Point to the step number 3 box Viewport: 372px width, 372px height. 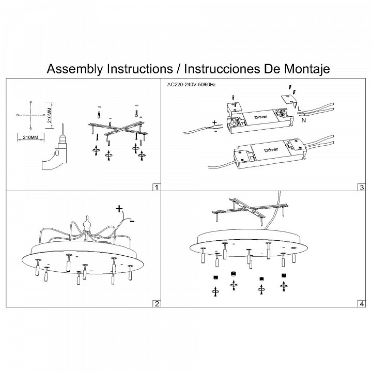point(361,187)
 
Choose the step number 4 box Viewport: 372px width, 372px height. point(361,303)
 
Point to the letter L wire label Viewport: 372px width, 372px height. point(299,107)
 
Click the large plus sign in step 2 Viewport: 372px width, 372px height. point(119,209)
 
